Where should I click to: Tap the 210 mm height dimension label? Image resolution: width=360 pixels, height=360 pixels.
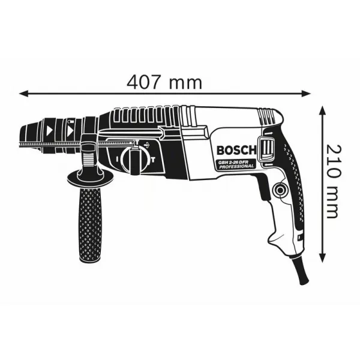(336, 179)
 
